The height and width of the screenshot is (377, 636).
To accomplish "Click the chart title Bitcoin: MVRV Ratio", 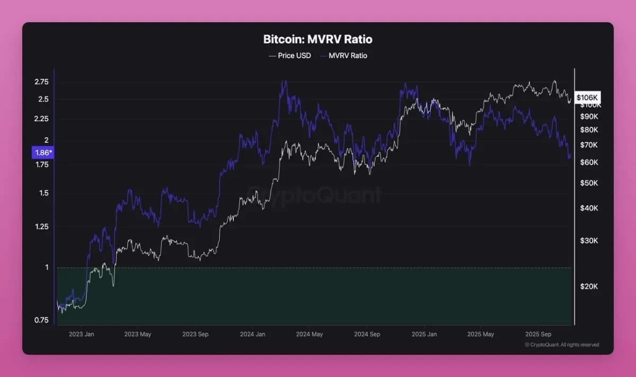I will click(317, 40).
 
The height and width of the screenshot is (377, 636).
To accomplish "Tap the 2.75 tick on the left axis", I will click(41, 82).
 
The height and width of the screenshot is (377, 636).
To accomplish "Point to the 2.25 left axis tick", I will click(41, 119).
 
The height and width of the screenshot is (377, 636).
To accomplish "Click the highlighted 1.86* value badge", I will click(42, 152).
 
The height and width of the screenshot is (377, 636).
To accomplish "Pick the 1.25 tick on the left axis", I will click(41, 227).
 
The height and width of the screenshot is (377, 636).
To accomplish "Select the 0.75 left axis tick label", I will click(41, 320).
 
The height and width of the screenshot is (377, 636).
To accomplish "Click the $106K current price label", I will click(587, 97).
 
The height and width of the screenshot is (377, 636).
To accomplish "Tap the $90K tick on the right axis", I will click(589, 116).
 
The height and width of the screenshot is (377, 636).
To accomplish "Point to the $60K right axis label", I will click(589, 162).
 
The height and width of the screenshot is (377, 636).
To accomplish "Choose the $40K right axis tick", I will click(589, 208).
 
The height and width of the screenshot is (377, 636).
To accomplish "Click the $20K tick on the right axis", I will click(589, 286).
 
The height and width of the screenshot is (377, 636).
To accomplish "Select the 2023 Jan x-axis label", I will click(82, 334).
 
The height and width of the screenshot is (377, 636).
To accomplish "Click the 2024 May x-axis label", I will click(310, 334).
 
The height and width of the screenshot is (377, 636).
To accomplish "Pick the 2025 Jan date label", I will click(424, 334).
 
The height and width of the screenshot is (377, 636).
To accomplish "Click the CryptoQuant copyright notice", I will click(562, 345).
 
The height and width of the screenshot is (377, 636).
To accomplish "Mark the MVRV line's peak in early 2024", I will click(285, 81).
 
